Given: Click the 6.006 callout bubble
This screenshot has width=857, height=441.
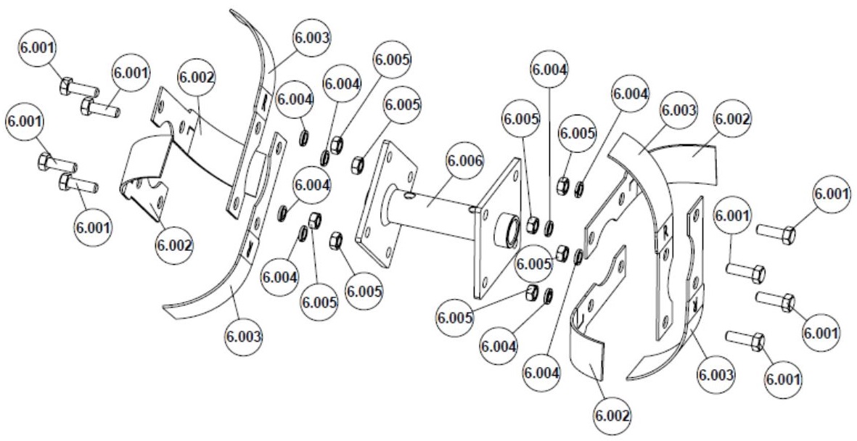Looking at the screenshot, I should tap(452, 160).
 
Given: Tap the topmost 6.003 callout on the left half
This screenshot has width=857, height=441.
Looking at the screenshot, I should tap(311, 38).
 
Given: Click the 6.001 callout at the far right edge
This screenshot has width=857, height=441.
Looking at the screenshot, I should tap(832, 194).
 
